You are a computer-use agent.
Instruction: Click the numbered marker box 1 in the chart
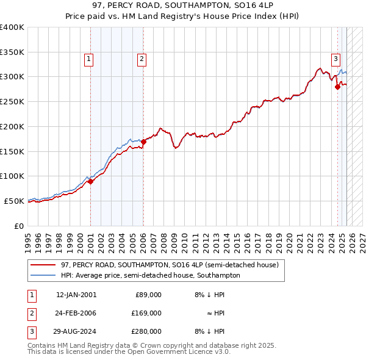(89, 59)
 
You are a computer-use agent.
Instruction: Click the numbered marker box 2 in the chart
(142, 59)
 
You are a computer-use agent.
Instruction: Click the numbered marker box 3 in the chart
(335, 59)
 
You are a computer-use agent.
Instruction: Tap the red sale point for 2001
(90, 181)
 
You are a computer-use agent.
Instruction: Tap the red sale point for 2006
(143, 142)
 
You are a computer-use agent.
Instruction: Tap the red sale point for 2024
(337, 87)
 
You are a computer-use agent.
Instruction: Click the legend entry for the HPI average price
(150, 275)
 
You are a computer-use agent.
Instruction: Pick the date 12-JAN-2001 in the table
(76, 295)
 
